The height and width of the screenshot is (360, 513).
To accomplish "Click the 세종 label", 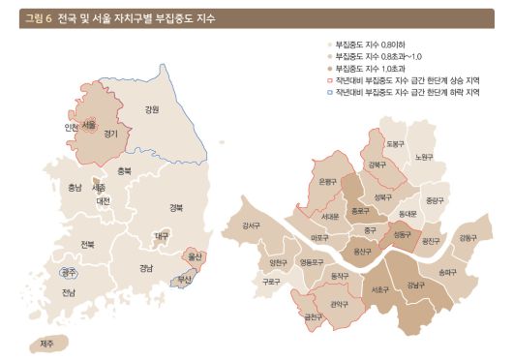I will (98, 188).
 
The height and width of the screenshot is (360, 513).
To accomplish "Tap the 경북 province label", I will (175, 207).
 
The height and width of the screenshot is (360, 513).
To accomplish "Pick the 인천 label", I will (71, 128).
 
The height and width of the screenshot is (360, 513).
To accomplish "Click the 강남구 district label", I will (415, 285).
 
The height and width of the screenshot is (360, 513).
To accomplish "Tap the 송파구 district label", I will (447, 272).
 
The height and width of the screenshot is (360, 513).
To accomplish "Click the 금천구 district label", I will (313, 315).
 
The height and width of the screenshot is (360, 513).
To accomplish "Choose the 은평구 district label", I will (328, 181).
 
